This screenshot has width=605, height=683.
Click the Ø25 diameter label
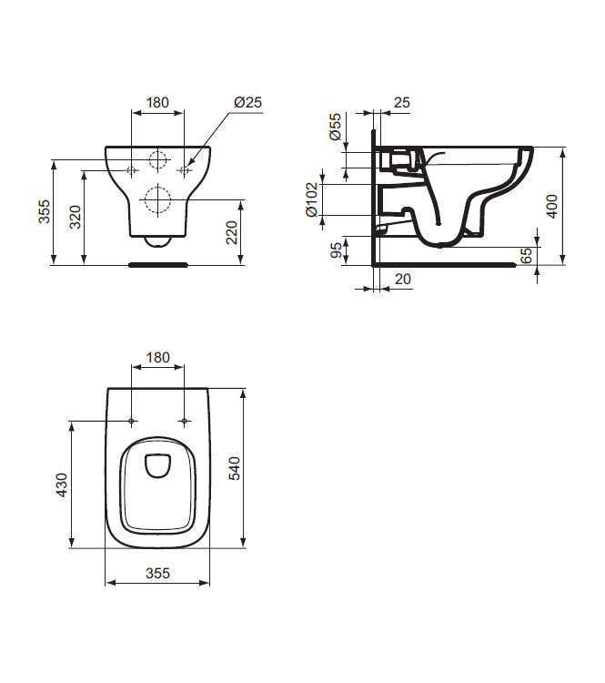click(247, 103)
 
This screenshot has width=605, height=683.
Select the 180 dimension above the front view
click(158, 103)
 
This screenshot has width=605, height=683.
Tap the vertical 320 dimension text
click(76, 218)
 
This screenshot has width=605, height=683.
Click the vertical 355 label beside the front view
click(44, 212)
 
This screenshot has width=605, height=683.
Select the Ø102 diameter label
click(312, 199)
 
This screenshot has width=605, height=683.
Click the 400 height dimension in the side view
click(551, 205)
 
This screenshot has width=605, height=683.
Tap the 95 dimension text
click(336, 250)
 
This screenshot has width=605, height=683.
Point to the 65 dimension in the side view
click(525, 256)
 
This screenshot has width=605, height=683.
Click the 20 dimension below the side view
click(402, 280)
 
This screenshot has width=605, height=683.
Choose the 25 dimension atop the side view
click(401, 103)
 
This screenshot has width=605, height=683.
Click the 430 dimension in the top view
click(62, 484)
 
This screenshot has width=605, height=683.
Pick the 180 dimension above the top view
click(158, 358)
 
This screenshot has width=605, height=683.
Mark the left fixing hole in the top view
click(132, 421)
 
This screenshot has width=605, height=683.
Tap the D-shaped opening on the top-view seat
click(158, 464)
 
